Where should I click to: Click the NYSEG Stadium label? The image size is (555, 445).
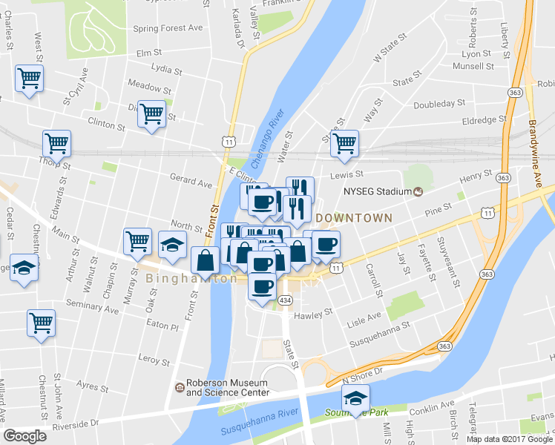[377, 192]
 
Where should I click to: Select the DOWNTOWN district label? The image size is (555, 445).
[353, 218]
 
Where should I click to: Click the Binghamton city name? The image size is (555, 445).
[191, 279]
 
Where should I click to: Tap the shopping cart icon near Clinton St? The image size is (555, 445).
[151, 114]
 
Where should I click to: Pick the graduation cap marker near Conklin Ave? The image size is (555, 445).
[355, 398]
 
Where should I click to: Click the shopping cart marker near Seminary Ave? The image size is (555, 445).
[41, 323]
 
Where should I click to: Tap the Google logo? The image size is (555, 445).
[25, 436]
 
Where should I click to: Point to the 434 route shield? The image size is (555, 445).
[286, 299]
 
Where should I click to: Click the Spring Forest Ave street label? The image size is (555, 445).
[168, 28]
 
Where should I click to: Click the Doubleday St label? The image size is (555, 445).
[439, 104]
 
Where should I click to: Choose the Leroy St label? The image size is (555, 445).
[155, 360]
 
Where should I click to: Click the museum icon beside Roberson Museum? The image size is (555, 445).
[179, 388]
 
